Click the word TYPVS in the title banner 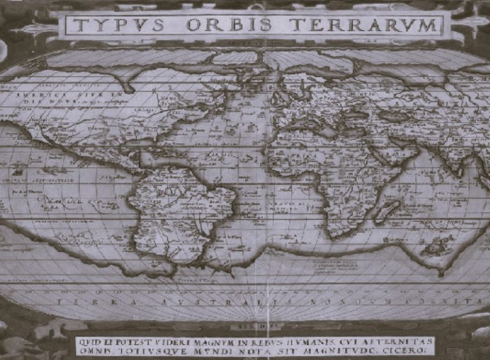(x=117, y=25)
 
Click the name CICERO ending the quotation (x=412, y=350)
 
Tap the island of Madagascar (x=387, y=211)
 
